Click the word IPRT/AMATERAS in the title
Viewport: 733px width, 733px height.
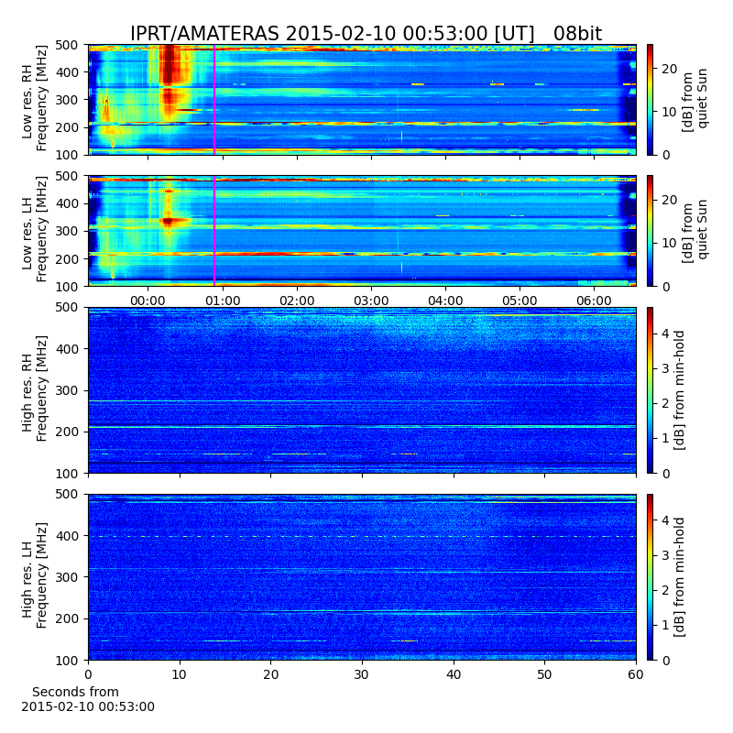point(204,34)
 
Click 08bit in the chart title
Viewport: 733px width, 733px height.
point(578,34)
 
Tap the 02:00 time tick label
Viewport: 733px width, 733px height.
point(297,301)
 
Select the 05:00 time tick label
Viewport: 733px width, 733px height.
point(520,301)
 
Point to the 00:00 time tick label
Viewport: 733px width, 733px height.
point(148,301)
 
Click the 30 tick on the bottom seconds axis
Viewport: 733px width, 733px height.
point(362,674)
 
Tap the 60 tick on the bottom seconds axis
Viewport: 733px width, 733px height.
point(636,674)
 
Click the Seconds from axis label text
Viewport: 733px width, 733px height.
point(75,692)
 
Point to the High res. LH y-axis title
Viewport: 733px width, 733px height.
point(27,577)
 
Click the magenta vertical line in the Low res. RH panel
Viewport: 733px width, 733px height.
point(214,100)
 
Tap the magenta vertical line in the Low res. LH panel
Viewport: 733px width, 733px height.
point(214,231)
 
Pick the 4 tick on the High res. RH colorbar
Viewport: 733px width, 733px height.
point(666,334)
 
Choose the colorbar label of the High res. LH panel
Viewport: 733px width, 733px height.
point(679,577)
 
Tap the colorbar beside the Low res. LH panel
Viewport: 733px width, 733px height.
point(650,231)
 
